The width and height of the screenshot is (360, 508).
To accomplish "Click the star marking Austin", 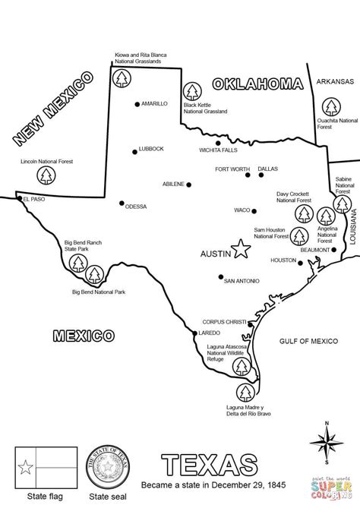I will pos(241,248).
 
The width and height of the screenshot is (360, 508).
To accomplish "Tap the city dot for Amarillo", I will pos(137,103).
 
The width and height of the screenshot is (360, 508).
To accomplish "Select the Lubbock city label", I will pos(151,149).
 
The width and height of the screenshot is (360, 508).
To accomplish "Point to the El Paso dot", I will pos(20,198).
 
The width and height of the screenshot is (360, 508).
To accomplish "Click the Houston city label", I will pos(283,260).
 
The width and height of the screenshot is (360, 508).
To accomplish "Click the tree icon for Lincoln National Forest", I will pos(48,176).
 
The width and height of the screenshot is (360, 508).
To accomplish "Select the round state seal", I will pos(108,465).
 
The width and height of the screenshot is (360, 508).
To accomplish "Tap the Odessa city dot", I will pos(121,203).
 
